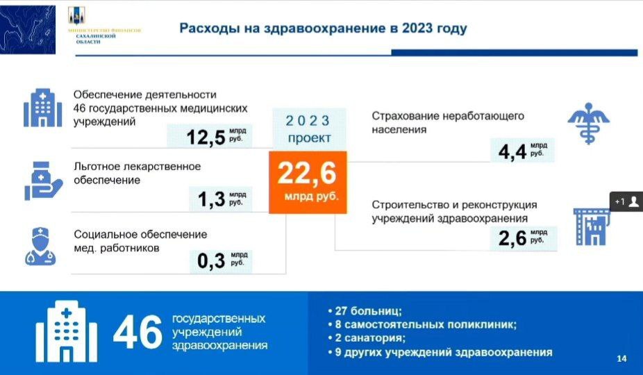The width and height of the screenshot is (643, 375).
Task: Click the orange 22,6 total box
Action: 308,182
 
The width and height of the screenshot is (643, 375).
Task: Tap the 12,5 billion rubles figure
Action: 206,137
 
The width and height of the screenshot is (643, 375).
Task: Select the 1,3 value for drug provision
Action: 212,199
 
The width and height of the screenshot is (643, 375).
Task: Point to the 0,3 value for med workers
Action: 211,260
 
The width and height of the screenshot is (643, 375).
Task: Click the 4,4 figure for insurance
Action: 512,151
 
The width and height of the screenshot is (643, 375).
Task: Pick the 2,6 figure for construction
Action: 512,238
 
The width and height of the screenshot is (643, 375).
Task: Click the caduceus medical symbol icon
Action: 588,123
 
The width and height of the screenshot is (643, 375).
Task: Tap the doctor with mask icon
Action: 40,246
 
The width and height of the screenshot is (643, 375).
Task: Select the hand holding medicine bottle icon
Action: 43,181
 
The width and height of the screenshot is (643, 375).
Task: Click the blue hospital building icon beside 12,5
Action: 42,108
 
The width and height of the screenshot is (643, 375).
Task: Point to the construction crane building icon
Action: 592,226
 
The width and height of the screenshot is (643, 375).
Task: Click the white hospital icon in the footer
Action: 67,331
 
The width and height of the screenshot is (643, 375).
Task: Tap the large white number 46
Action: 137,332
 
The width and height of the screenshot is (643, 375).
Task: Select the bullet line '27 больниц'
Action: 365,311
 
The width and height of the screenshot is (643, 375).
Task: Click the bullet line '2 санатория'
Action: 367,338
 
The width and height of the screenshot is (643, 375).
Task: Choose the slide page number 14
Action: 621,358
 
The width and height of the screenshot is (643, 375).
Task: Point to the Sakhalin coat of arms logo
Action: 76,15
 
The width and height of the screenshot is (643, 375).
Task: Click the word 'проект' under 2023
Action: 309,138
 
